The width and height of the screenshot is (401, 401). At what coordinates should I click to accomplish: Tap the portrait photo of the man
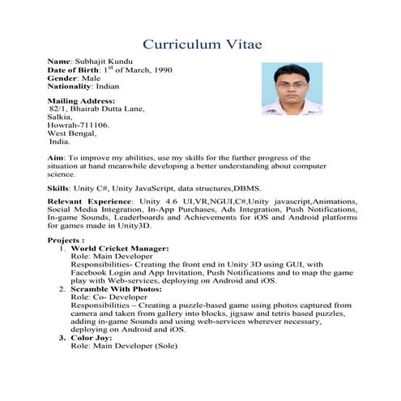[292, 88]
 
